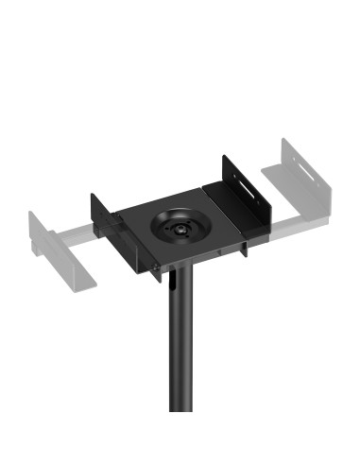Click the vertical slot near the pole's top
click(x=175, y=283)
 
